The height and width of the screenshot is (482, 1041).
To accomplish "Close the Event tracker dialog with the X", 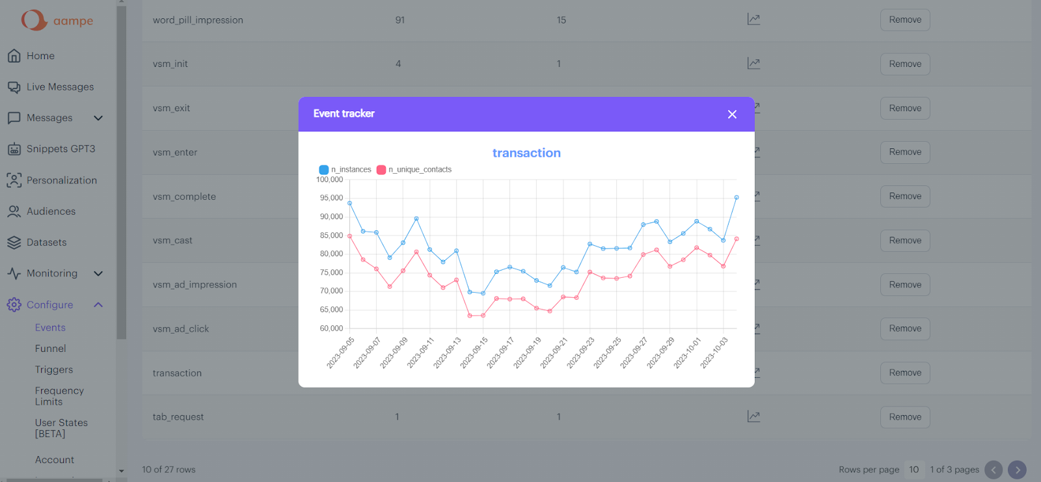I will [x=732, y=114].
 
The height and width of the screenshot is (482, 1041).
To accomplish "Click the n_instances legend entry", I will [x=345, y=170].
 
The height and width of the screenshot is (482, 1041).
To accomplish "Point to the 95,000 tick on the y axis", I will [x=331, y=198].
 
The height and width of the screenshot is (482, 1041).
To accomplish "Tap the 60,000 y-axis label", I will [x=331, y=328].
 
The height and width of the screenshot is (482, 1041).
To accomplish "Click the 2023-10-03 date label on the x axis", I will [x=715, y=352].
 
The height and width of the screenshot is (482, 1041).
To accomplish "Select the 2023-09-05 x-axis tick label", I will [x=341, y=352].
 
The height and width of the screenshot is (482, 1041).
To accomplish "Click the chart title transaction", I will [x=526, y=153].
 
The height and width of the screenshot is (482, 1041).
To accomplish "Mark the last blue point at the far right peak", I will [x=737, y=197].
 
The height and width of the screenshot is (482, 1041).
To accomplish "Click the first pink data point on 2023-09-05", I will [x=350, y=236].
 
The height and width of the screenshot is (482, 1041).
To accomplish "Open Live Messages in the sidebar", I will [x=60, y=87].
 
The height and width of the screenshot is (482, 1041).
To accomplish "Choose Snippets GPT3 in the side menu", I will [x=61, y=149].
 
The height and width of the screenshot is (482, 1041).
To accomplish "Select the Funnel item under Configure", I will [x=51, y=349].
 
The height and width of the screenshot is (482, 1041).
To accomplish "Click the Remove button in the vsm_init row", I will [x=905, y=64].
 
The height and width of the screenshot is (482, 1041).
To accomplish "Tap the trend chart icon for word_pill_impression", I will [x=753, y=20].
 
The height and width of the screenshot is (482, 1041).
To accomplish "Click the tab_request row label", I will [x=178, y=417].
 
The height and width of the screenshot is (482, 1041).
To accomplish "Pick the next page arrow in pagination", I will [x=1017, y=470].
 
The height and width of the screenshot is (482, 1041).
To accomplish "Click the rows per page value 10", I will [x=914, y=470].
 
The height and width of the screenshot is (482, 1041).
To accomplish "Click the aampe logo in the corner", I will [x=57, y=20].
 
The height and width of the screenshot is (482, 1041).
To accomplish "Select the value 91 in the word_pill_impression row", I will [x=400, y=20].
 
